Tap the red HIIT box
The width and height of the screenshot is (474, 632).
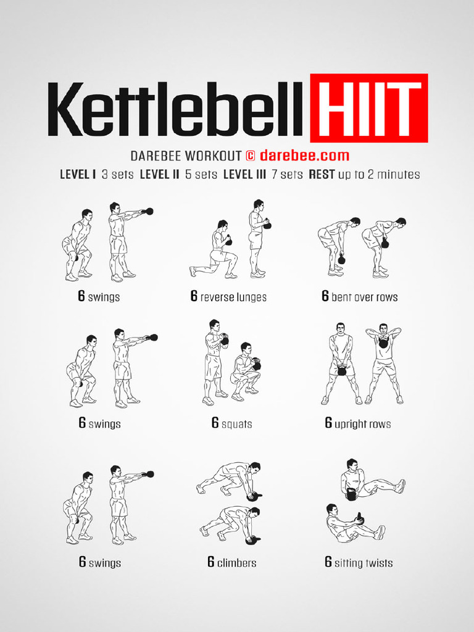368,109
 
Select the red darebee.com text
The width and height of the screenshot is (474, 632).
304,156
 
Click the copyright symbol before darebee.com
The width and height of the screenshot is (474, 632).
250,156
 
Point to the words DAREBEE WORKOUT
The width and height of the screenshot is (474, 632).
185,156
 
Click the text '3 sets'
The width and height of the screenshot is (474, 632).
117,175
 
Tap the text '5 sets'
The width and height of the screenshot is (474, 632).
201,175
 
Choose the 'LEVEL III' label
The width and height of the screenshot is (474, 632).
244,175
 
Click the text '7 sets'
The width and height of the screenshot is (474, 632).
287,175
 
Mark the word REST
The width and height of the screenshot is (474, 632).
322,175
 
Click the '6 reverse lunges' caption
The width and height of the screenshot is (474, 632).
229,297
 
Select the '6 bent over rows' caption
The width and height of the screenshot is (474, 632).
360,297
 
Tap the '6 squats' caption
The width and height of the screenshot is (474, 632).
231,424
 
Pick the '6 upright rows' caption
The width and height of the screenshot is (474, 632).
358,424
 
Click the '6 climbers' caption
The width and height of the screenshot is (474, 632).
231,563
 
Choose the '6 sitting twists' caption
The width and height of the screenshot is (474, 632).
359,563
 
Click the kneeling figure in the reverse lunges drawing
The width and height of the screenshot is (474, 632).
215,250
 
